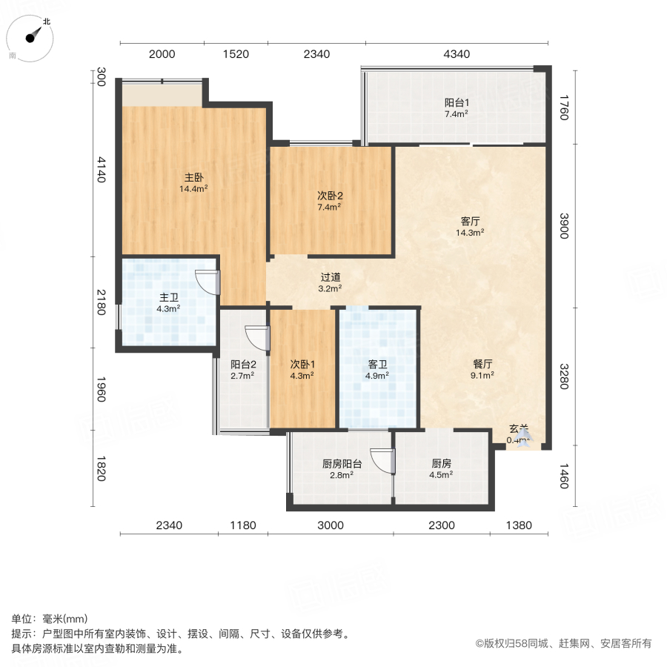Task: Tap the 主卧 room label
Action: pos(193,178)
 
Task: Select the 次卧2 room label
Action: pos(330,196)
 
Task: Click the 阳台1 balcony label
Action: pos(456,104)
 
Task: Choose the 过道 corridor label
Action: pos(330,277)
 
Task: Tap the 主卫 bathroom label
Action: pos(168,298)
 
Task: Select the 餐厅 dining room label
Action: pos(482,364)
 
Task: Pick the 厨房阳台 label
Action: pos(342,464)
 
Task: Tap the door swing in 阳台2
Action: pos(256,338)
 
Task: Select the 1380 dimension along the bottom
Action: pos(519,525)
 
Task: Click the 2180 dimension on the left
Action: pos(101,303)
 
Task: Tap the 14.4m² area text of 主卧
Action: pos(193,189)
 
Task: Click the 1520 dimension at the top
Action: pos(235,54)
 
